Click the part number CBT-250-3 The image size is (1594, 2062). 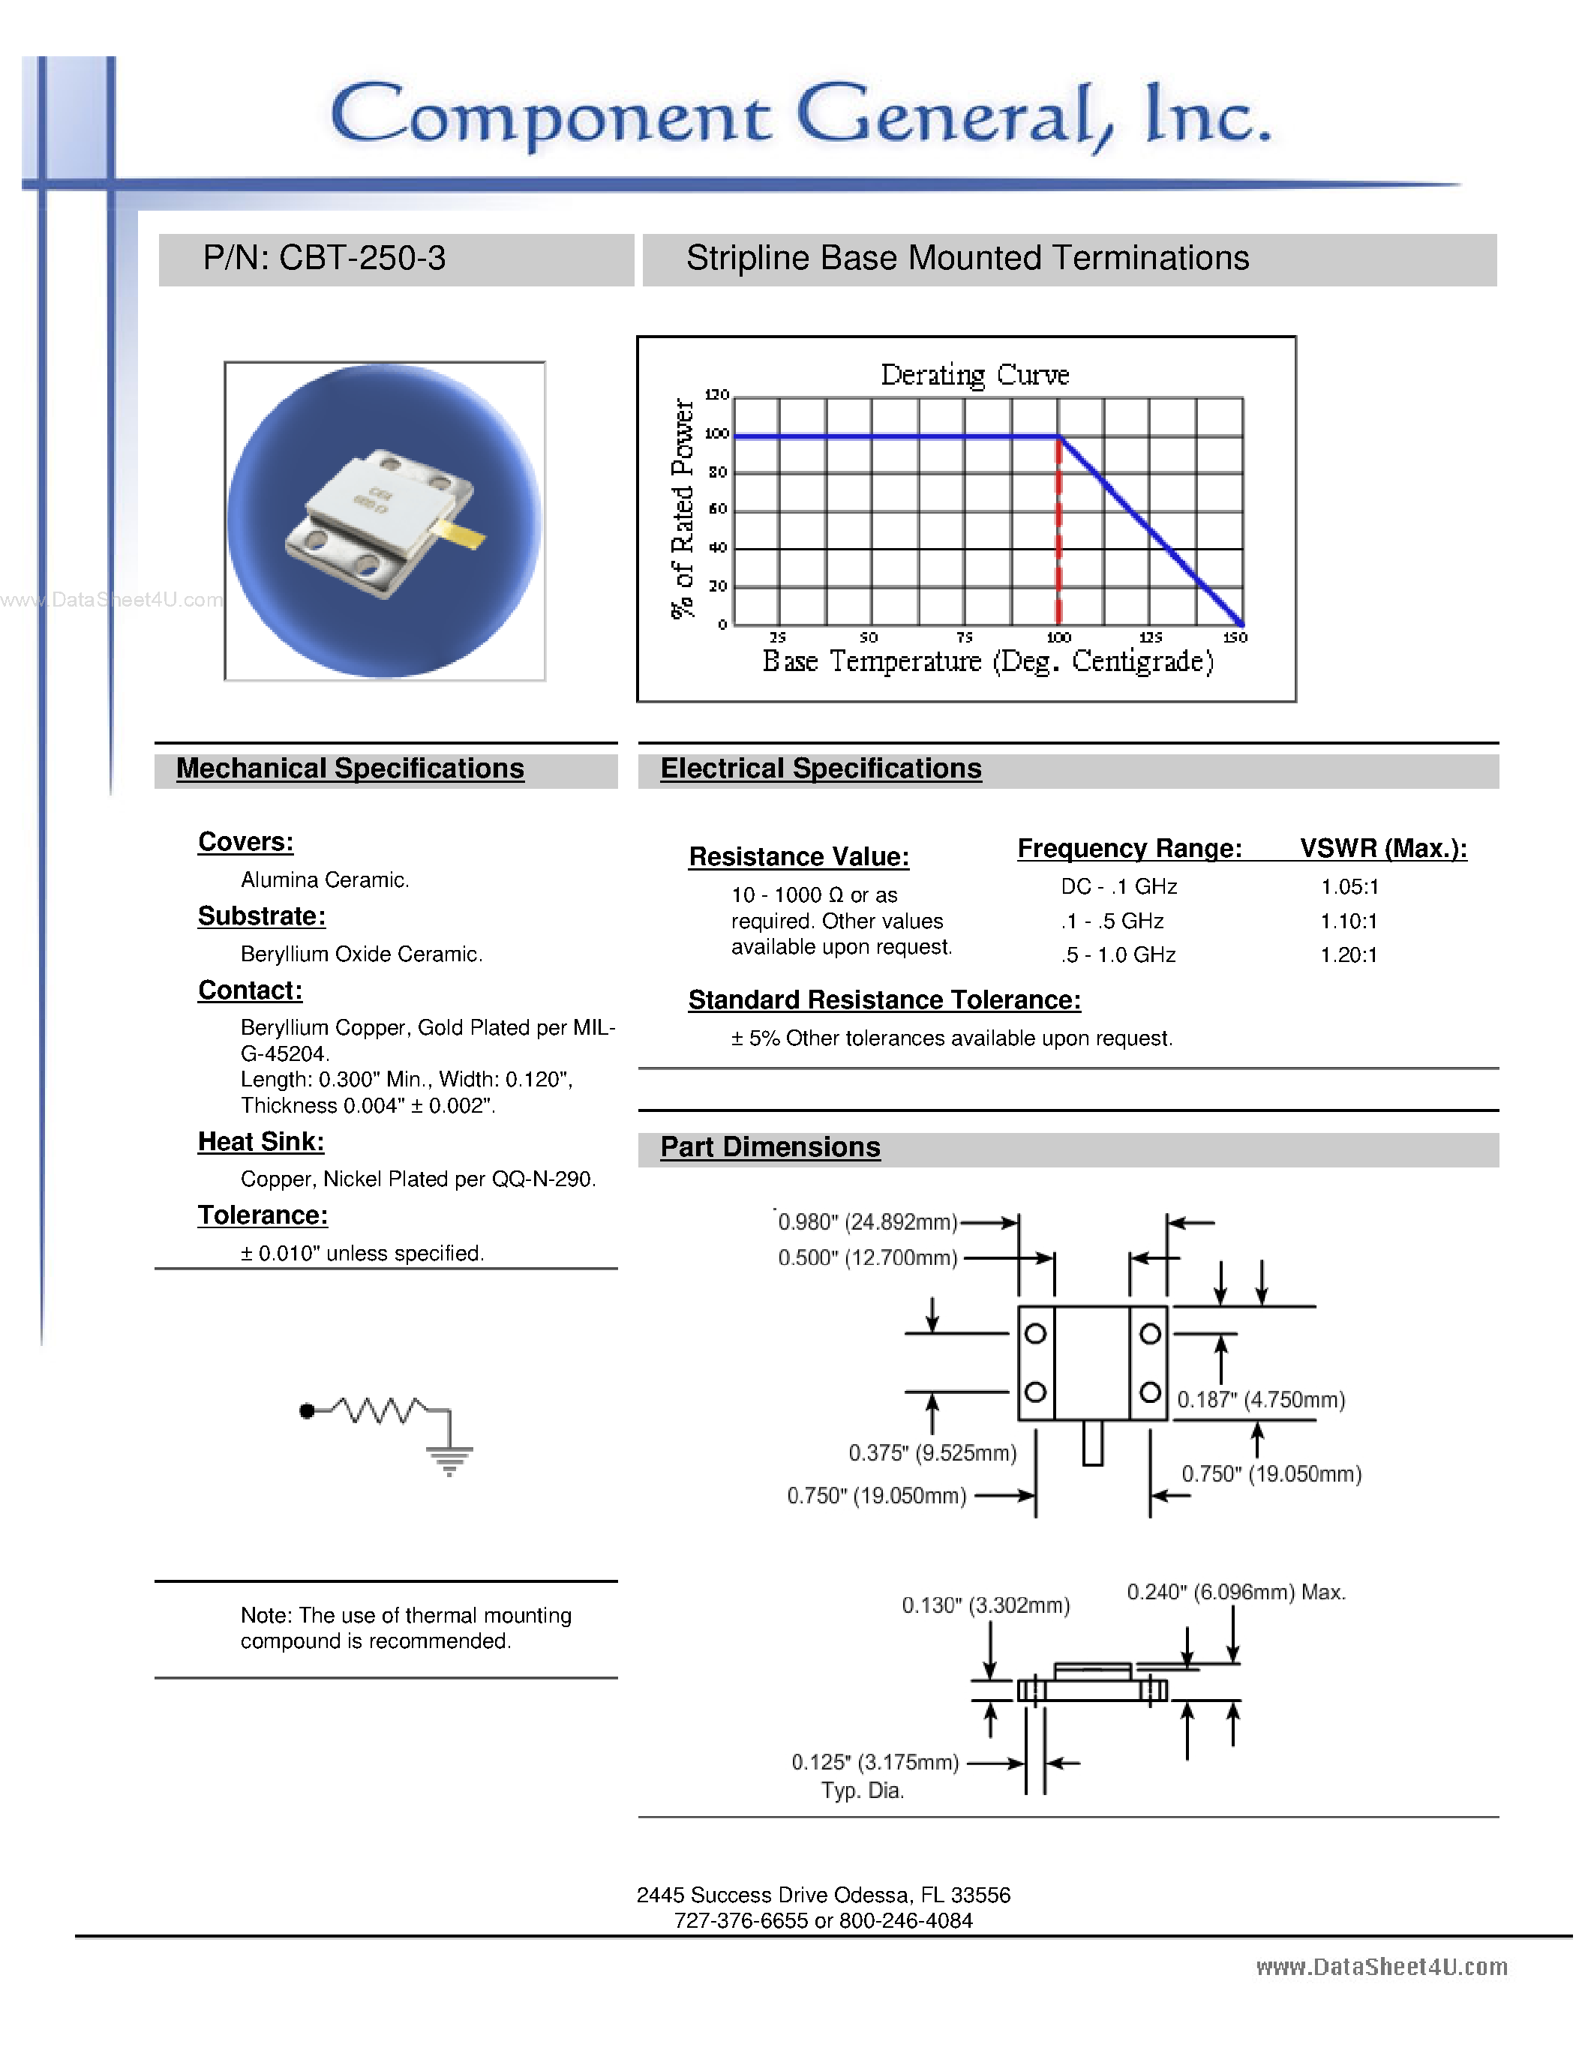[362, 259]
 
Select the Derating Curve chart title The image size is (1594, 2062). [974, 375]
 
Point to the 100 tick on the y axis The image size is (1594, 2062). [716, 434]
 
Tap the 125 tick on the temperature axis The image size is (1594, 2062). [1150, 638]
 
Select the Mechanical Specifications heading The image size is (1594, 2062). [350, 769]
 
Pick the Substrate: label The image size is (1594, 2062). [262, 916]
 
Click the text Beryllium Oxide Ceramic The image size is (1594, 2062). [361, 955]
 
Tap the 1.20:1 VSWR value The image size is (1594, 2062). [1349, 955]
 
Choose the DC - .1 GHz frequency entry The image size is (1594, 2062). [1119, 886]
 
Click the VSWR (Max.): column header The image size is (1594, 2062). [1383, 848]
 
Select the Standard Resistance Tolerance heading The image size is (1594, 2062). [884, 1000]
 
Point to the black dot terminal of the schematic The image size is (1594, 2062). [306, 1411]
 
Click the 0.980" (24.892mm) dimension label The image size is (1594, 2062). [867, 1223]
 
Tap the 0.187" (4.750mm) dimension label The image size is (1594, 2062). [1261, 1400]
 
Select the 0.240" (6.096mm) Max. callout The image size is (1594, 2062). [1235, 1593]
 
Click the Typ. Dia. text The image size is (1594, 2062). [862, 1791]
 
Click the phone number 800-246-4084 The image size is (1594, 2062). [905, 1920]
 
